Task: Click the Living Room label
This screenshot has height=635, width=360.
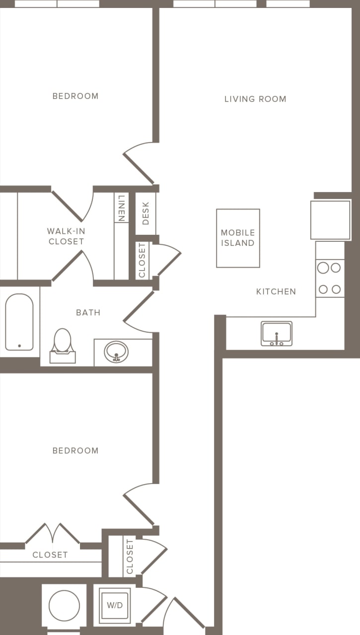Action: pyautogui.click(x=255, y=99)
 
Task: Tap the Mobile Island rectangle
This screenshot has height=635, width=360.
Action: pyautogui.click(x=238, y=238)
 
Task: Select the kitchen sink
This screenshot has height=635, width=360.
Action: pyautogui.click(x=277, y=334)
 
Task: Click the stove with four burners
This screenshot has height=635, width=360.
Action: pyautogui.click(x=330, y=279)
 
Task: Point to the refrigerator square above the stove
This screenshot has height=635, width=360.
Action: pyautogui.click(x=330, y=220)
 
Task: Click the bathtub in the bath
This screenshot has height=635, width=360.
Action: pyautogui.click(x=19, y=322)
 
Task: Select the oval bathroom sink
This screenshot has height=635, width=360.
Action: pyautogui.click(x=116, y=352)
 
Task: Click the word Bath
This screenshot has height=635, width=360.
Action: pyautogui.click(x=88, y=312)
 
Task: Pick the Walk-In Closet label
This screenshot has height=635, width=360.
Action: pyautogui.click(x=66, y=236)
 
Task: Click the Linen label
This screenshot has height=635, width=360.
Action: pyautogui.click(x=121, y=208)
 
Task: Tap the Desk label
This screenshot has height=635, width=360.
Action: pyautogui.click(x=145, y=213)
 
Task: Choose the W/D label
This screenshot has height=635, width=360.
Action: pyautogui.click(x=115, y=605)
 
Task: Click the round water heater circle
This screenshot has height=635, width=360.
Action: pyautogui.click(x=64, y=605)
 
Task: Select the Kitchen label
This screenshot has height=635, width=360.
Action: pyautogui.click(x=276, y=291)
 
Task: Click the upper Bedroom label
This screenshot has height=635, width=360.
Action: pyautogui.click(x=75, y=96)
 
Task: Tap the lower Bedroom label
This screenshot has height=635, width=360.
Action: pyautogui.click(x=75, y=450)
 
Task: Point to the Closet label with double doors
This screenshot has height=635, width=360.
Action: pyautogui.click(x=50, y=555)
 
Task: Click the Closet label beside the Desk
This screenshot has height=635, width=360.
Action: pyautogui.click(x=142, y=260)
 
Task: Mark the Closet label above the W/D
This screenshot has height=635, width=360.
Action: pyautogui.click(x=130, y=557)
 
